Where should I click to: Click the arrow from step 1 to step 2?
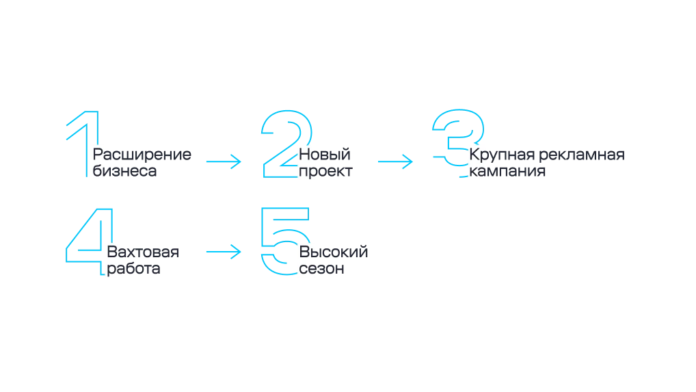click(222, 161)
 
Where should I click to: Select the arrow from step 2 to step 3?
click(395, 161)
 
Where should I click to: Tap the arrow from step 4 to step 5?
click(222, 252)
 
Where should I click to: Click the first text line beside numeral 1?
click(142, 155)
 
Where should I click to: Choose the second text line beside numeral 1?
click(125, 172)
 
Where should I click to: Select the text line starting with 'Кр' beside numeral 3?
click(548, 155)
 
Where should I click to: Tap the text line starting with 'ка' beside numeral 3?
click(507, 172)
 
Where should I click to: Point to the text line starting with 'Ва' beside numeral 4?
click(144, 251)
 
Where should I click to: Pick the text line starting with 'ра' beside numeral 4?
click(135, 269)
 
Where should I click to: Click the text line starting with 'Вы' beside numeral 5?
click(335, 251)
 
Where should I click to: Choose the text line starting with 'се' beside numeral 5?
click(321, 269)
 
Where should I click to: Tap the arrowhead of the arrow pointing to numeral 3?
click(409, 161)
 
